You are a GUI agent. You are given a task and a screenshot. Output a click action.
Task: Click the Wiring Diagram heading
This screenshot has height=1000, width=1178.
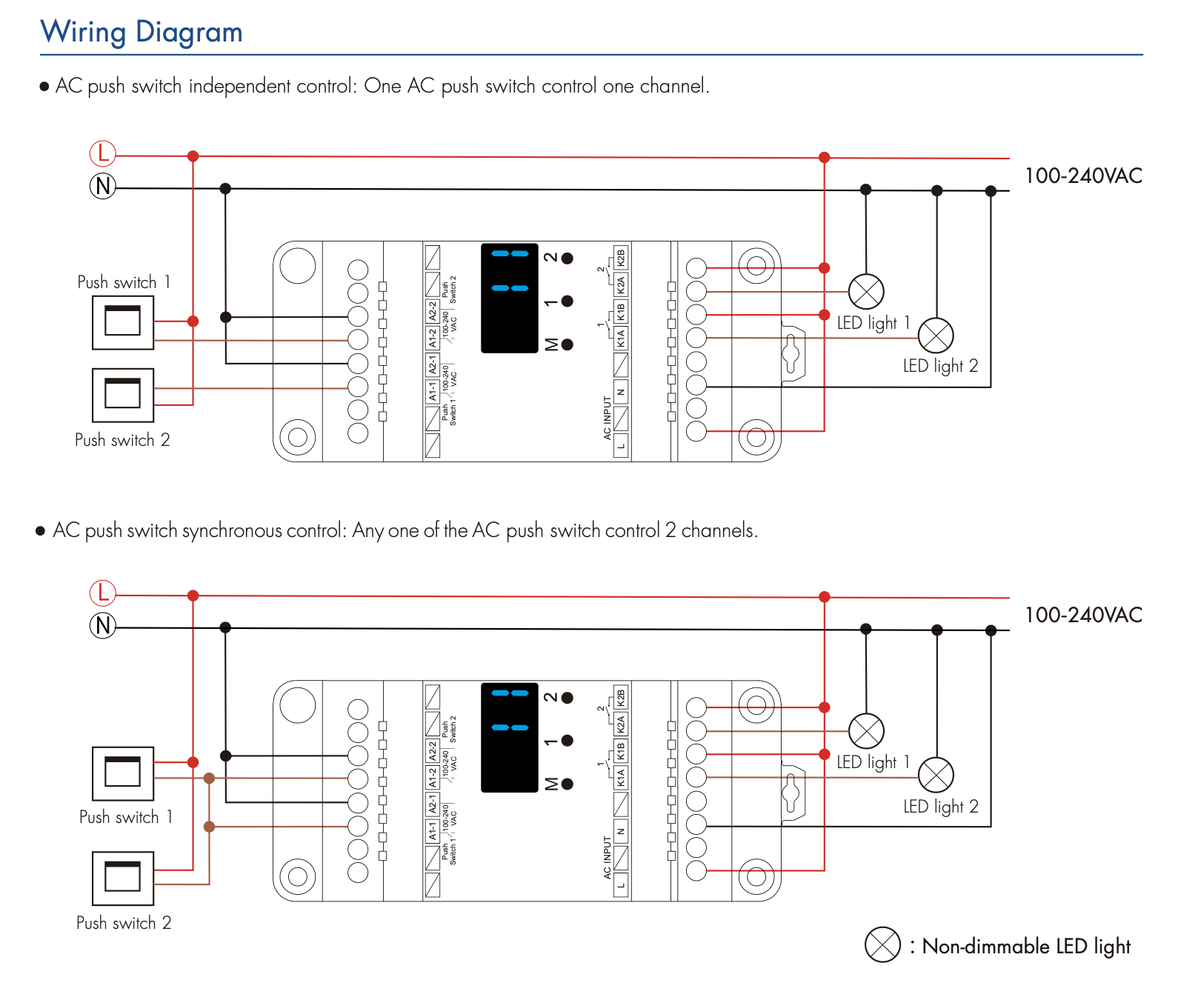142,33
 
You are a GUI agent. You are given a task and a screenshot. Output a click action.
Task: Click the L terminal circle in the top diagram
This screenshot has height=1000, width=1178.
103,154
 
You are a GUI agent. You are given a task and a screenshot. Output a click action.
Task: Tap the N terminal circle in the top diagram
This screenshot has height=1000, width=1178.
103,186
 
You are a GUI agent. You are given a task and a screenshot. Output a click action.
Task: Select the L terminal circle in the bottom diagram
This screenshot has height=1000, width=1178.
103,593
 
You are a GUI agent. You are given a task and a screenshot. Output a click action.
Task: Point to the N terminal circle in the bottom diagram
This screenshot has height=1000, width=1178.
103,626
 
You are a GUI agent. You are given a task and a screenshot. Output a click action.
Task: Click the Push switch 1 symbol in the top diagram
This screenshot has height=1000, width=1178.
123,322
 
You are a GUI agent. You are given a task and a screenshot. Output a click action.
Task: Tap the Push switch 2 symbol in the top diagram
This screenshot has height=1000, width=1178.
123,395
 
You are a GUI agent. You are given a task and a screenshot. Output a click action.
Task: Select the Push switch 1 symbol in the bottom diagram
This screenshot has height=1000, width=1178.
123,773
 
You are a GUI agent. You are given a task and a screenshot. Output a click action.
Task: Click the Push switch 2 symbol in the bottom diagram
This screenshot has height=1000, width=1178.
123,879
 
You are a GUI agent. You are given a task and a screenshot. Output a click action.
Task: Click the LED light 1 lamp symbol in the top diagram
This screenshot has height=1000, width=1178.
866,291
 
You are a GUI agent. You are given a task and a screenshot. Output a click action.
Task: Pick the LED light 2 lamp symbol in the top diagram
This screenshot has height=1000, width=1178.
936,336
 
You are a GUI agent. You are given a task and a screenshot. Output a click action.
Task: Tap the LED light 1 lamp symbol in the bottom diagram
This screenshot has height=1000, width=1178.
866,731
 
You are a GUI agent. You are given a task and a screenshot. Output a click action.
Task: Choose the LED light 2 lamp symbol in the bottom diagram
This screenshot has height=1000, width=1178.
936,776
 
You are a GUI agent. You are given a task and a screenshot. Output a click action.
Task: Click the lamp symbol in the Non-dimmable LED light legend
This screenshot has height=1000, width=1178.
882,944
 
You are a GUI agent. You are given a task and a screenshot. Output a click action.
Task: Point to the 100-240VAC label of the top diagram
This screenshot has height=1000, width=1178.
1083,176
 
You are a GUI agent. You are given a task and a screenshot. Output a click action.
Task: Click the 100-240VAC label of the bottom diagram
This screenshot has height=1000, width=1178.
1083,616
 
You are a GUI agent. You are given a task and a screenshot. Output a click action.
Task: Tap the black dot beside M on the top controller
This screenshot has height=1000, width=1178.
568,344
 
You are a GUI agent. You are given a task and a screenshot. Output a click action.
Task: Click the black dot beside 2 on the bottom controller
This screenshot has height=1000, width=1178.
568,698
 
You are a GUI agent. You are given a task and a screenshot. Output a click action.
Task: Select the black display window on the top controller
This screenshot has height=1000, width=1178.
510,298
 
